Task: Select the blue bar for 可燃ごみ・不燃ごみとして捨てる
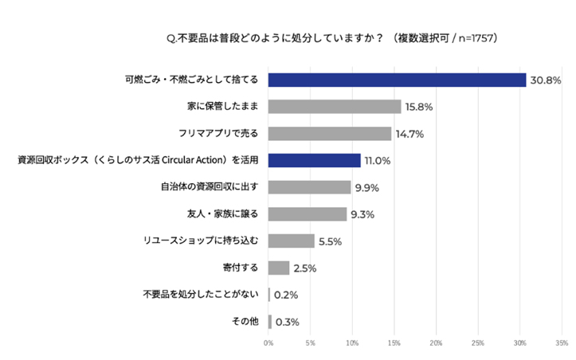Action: tap(397, 80)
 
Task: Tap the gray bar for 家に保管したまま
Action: tap(334, 106)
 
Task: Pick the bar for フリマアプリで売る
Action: tap(329, 133)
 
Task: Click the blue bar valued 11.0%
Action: tap(314, 160)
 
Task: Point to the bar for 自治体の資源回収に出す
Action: tap(309, 187)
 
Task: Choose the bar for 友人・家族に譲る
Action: tap(307, 213)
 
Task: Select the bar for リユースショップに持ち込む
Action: tap(291, 241)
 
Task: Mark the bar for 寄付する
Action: tap(278, 268)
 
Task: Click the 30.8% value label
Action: tap(547, 80)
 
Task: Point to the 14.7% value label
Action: tap(410, 134)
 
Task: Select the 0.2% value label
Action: tap(286, 295)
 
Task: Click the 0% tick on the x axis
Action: tap(268, 343)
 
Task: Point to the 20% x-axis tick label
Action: tap(436, 343)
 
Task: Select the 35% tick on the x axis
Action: tap(561, 343)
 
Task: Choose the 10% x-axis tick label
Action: tap(352, 343)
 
